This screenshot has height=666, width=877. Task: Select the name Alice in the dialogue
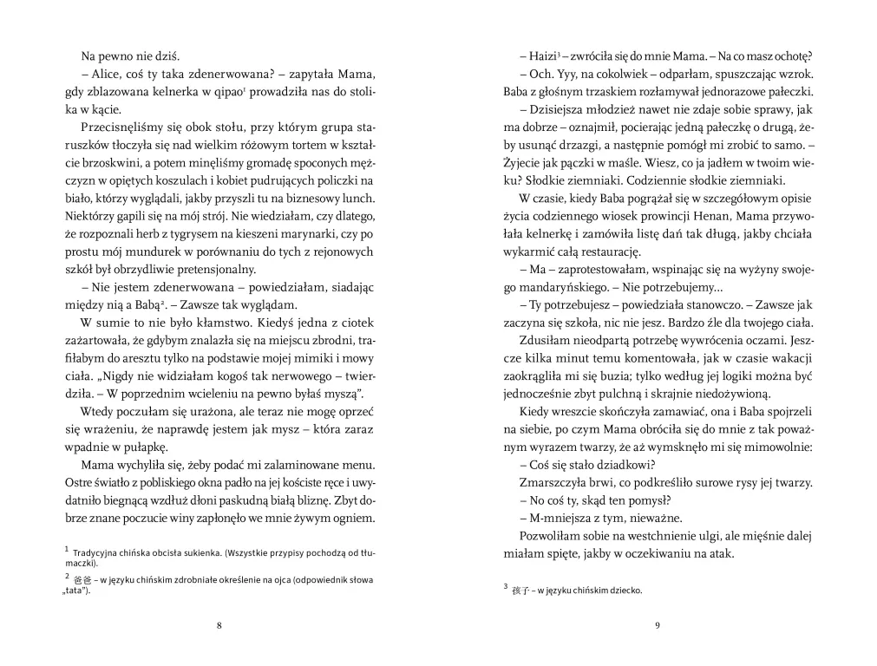click(108, 73)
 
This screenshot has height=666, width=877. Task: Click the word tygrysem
click(207, 233)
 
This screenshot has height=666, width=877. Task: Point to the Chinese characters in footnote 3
click(523, 591)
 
